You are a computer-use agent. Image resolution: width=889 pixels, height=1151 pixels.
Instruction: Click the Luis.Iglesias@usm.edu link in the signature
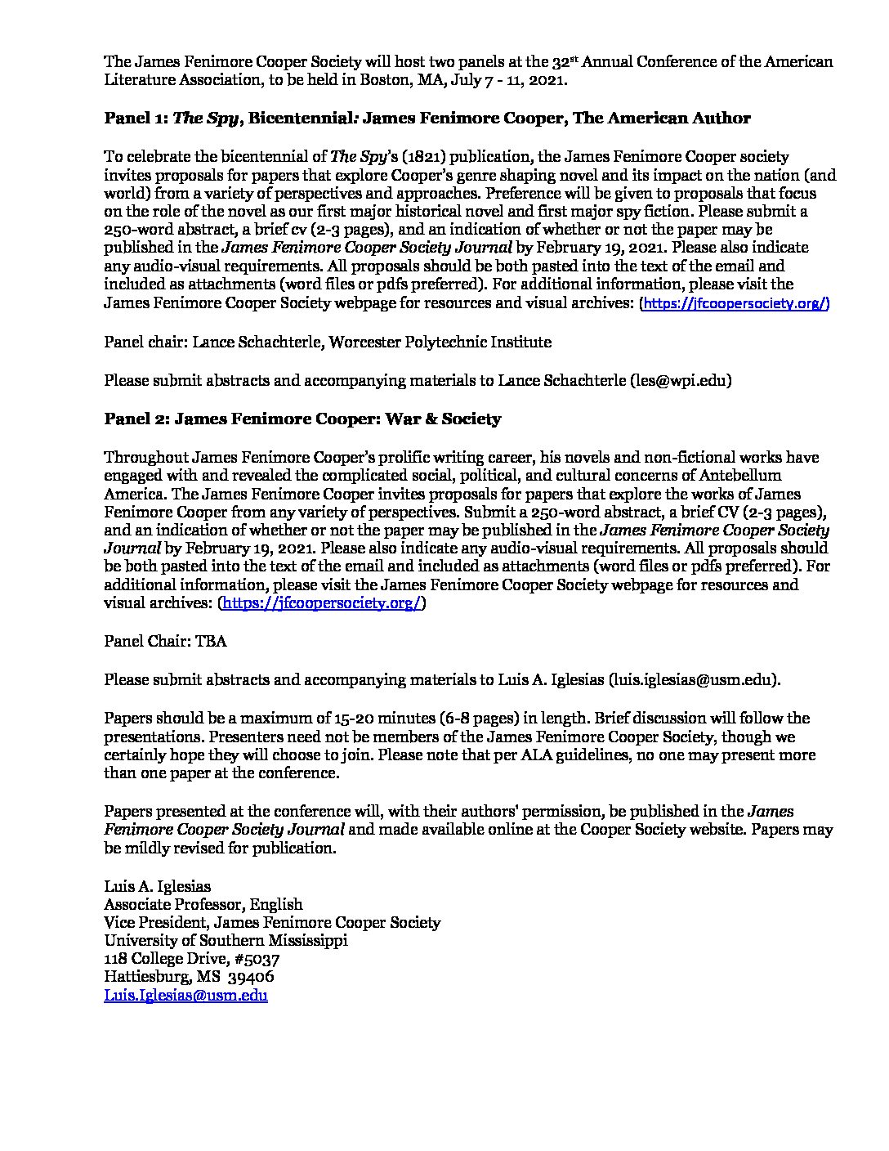point(185,995)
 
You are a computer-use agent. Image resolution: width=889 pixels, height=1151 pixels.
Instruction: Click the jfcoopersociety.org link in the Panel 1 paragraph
point(736,303)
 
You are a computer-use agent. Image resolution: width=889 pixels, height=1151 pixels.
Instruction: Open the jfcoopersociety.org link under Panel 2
point(322,603)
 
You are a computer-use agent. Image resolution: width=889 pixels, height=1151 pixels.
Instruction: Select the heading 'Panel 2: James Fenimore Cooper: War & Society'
point(302,419)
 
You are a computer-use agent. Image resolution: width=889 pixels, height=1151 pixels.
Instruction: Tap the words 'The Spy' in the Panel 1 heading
point(206,119)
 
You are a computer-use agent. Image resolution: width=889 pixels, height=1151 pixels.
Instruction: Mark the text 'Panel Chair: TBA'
point(165,642)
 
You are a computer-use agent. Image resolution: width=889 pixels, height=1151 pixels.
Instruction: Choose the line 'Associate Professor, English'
point(203,904)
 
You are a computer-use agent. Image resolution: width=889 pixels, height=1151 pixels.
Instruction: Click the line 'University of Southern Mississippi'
point(226,940)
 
